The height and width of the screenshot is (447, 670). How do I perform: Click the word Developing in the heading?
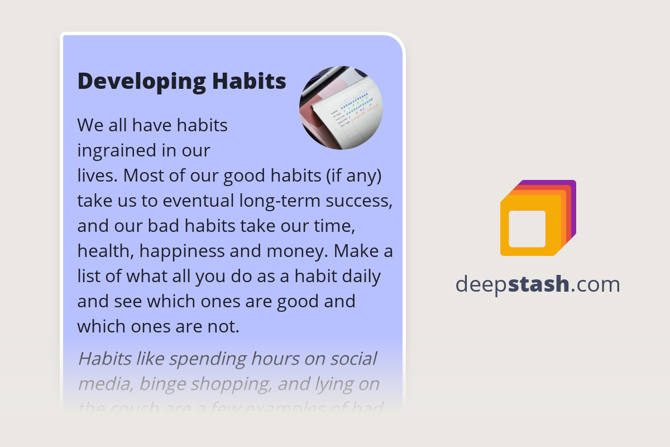[x=141, y=82]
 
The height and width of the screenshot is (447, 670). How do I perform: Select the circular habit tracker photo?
[x=341, y=108]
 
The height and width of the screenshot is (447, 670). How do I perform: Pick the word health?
[x=105, y=251]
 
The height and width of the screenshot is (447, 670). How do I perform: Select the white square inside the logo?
[x=527, y=229]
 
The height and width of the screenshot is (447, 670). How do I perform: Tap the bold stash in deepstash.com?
[x=539, y=284]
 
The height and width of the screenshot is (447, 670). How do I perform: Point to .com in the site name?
[x=595, y=284]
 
